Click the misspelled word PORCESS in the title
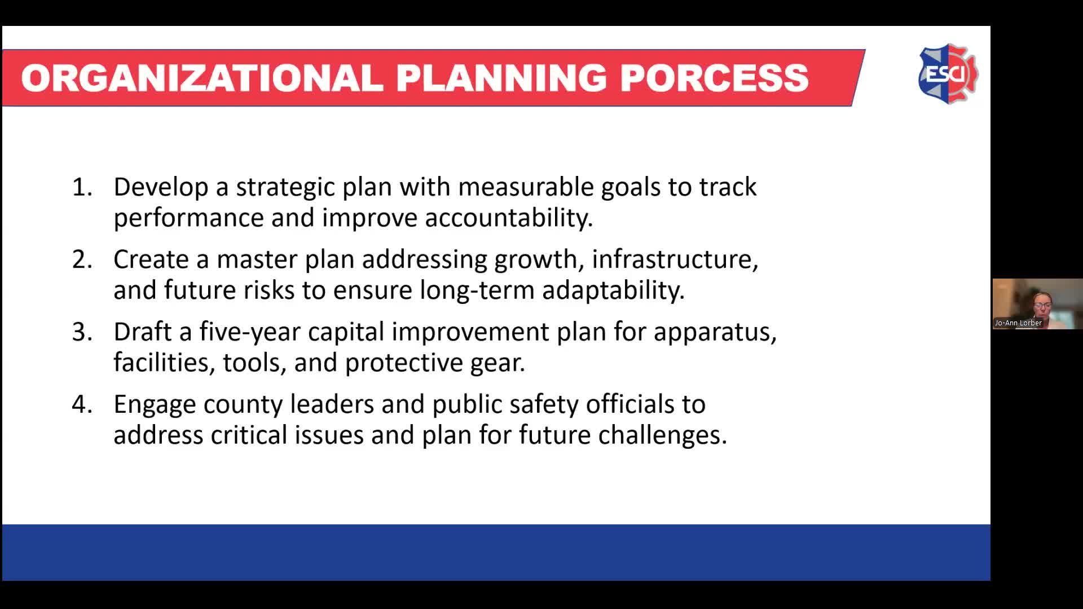tap(714, 78)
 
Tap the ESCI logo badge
tap(948, 74)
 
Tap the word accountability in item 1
tap(508, 218)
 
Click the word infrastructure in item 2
tap(674, 259)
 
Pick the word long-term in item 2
tap(477, 290)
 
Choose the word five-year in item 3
tap(249, 332)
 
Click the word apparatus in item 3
tap(714, 332)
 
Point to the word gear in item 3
tap(496, 363)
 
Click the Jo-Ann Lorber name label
tap(1018, 323)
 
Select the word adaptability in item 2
tap(613, 290)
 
